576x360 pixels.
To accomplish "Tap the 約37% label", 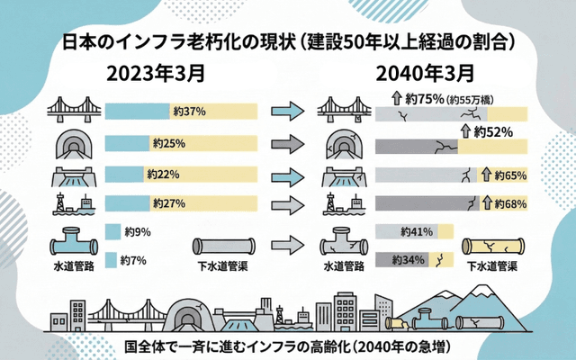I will coord(190,112).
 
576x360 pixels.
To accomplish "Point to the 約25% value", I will coord(168,143).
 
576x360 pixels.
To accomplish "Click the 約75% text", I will coord(423,99).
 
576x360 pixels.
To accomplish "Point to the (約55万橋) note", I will coord(477,100).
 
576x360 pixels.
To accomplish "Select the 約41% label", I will coord(417,231).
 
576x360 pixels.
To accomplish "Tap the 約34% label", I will coord(410,260).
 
